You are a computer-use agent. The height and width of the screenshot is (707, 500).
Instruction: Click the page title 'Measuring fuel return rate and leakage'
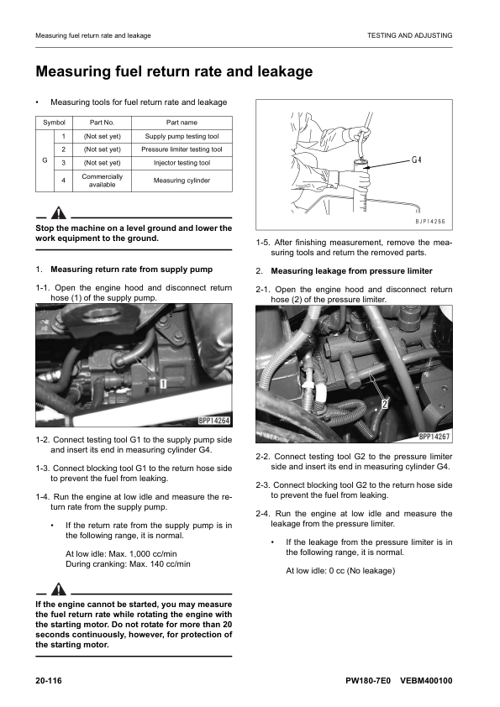coord(174,72)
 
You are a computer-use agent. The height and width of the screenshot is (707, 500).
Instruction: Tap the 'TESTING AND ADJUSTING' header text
coord(409,35)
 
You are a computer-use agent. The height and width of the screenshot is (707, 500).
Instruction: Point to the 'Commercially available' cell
coord(103,181)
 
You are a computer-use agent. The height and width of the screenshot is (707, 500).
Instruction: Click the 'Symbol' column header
coord(54,122)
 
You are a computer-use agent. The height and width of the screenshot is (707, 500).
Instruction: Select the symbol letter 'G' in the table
coord(44,157)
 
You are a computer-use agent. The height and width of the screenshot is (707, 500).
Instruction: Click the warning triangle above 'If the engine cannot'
coord(57,588)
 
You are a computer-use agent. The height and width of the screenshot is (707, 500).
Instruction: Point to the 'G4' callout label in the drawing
coord(418,159)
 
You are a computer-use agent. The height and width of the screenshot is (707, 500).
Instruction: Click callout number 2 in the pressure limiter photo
coord(385,404)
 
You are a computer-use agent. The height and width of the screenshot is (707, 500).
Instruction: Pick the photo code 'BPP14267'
coord(434,437)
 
